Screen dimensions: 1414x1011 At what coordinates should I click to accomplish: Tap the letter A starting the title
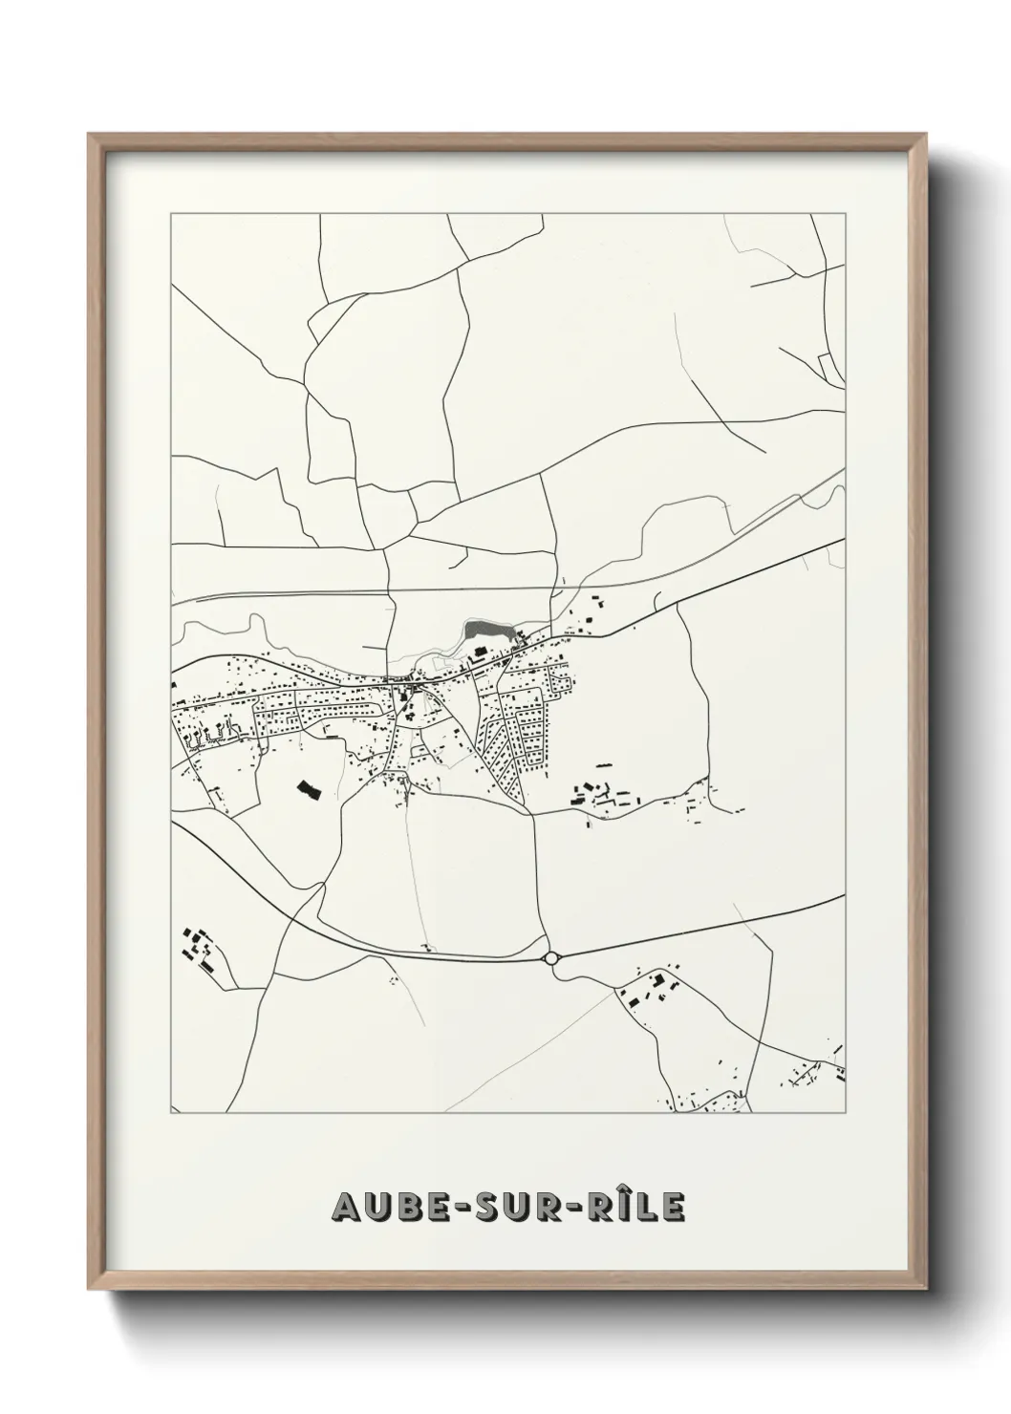tap(345, 1208)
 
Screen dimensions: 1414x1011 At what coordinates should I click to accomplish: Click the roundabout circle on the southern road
tap(551, 957)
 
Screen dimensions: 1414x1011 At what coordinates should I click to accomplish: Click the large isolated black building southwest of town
tap(307, 787)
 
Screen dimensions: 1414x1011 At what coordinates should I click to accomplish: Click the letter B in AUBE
tap(405, 1208)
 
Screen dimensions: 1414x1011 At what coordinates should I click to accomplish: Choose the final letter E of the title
tap(673, 1208)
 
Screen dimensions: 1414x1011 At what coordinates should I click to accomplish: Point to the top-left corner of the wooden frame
tap(90, 135)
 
